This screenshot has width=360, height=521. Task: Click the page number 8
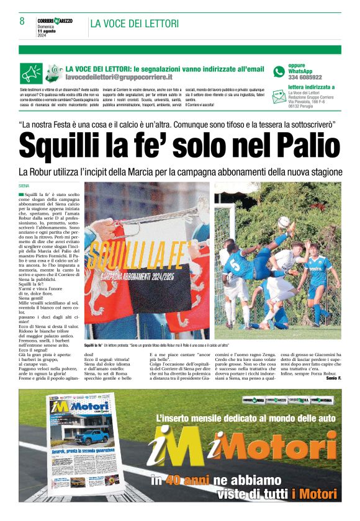tap(22, 21)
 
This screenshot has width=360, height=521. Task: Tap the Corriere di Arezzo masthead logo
tap(55, 20)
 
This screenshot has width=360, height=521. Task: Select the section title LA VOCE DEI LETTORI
tap(134, 24)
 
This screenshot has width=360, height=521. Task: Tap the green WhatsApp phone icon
tap(279, 71)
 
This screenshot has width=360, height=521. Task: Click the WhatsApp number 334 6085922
tap(305, 78)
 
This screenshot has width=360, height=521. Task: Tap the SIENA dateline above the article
tap(24, 185)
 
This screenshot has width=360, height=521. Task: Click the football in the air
tap(284, 222)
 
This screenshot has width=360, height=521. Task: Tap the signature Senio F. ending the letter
tap(333, 378)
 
